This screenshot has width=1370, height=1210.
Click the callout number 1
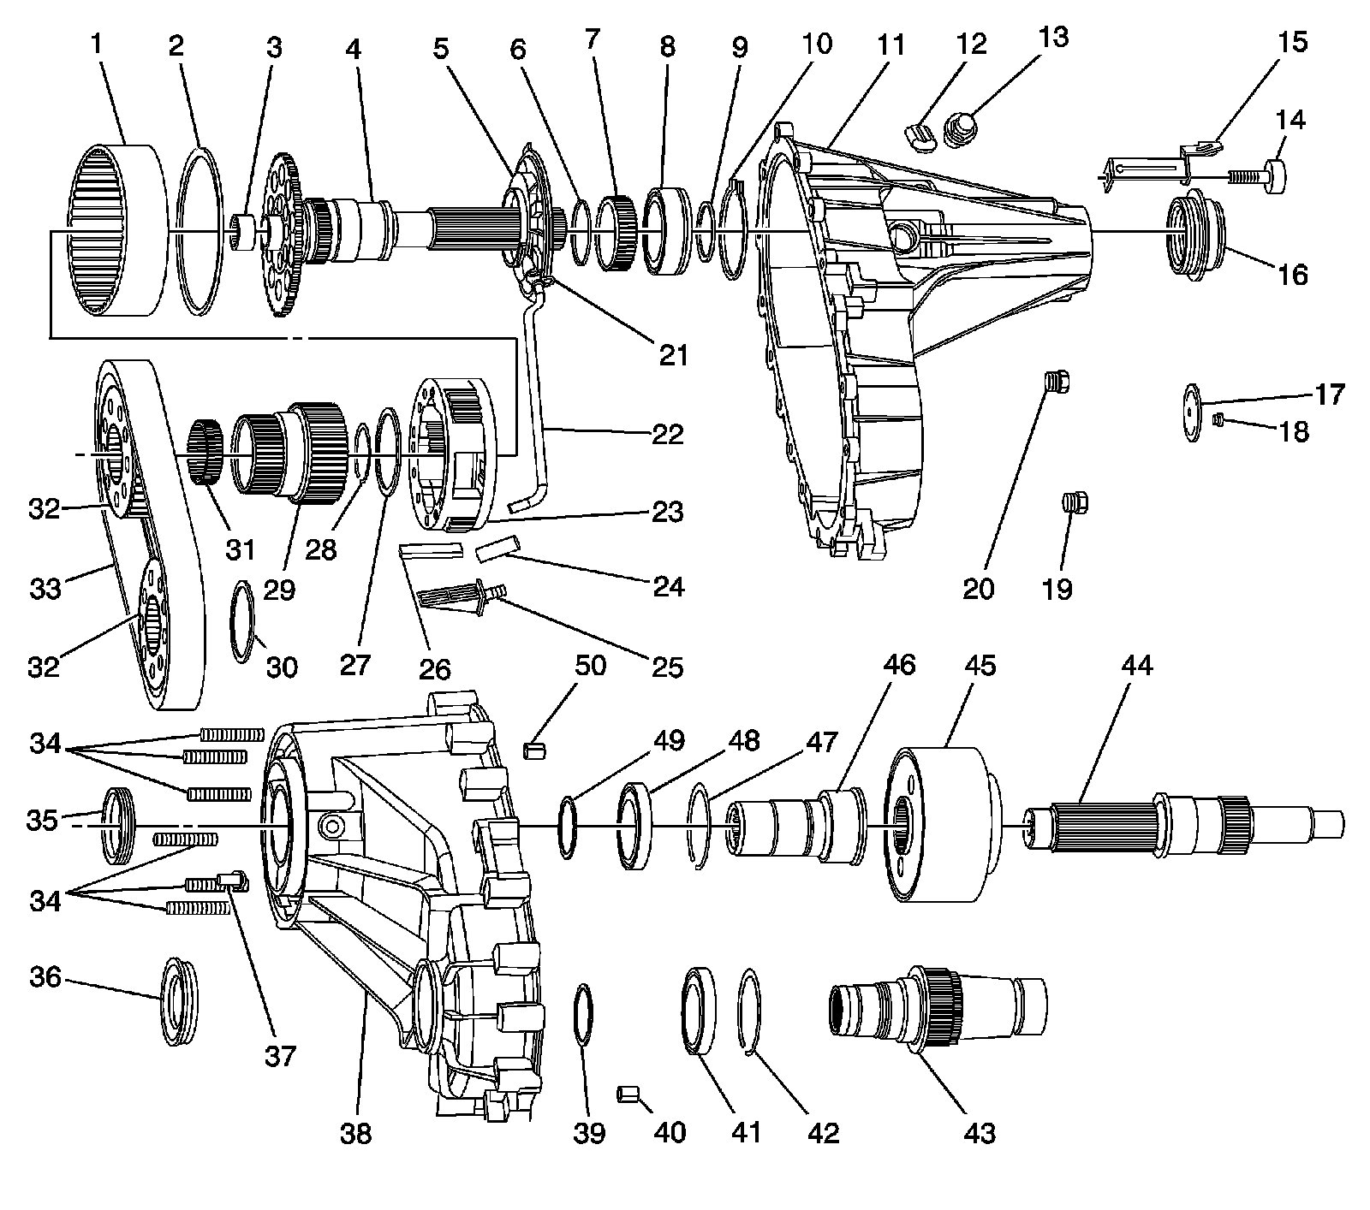coord(97,44)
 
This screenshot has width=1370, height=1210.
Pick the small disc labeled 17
coord(1191,413)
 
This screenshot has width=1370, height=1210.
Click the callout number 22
coord(667,434)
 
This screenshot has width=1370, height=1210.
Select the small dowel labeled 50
coord(534,750)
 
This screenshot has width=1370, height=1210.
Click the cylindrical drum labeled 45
coord(942,825)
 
